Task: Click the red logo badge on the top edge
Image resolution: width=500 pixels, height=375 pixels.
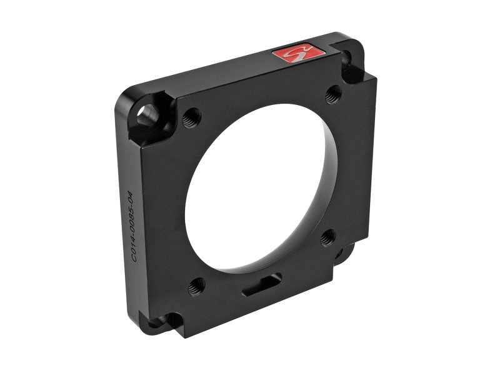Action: [299, 54]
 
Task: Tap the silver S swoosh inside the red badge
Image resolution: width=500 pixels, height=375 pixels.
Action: [299, 54]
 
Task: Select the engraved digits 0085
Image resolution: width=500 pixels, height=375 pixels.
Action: [130, 216]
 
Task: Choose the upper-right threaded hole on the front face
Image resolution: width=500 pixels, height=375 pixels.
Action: [334, 94]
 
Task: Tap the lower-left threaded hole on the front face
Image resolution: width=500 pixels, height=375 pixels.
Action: [196, 286]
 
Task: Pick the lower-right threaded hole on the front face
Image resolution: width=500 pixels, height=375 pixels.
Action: [328, 237]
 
